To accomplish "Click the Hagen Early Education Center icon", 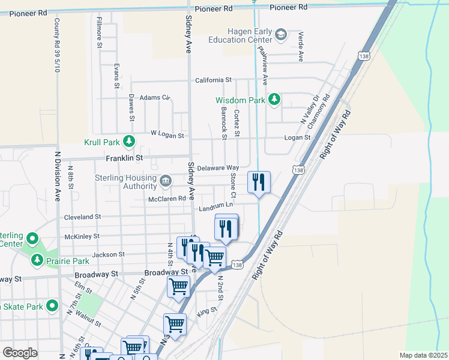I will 281,36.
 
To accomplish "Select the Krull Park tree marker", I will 128,142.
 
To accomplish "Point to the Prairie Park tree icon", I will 37,260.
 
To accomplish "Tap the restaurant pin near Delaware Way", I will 259,182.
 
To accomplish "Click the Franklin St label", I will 124,158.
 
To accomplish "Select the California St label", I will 213,80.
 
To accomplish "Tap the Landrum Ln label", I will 215,207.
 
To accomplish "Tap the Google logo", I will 20,353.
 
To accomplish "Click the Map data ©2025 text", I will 423,355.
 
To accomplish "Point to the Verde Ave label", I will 301,47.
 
